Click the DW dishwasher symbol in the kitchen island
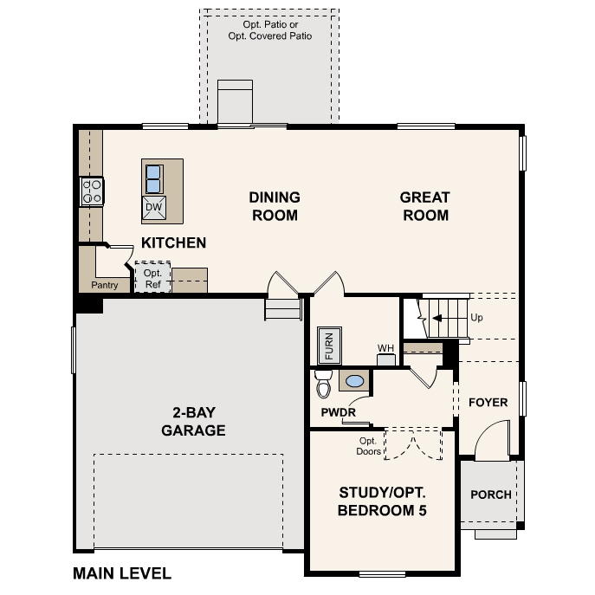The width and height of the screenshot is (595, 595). pos(153,207)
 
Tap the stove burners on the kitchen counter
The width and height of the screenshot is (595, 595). pos(92,191)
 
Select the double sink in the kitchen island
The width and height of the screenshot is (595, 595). pos(153,178)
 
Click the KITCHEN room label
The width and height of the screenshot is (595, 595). pos(173,243)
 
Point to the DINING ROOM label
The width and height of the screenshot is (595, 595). pos(275,206)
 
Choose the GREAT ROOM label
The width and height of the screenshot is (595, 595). pos(424,206)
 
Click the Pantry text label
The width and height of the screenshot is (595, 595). pos(104,285)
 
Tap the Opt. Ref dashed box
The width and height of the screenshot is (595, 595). pos(152,278)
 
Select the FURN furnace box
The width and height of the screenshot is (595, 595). pos(329,344)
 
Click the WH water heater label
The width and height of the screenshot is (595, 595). pos(385,349)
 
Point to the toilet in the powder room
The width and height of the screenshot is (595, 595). pos(324,382)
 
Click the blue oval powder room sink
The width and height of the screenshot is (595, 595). pos(354,380)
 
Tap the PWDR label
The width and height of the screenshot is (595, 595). pos(338,412)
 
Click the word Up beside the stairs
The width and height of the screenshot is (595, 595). pos(476,317)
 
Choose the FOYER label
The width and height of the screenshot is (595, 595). pos(488,403)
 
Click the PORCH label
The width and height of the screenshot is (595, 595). pos(490,495)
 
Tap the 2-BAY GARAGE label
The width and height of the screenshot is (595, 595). pos(193,422)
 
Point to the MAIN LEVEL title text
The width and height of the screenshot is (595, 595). pos(122,573)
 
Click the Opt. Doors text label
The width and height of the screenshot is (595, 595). pos(368,445)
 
